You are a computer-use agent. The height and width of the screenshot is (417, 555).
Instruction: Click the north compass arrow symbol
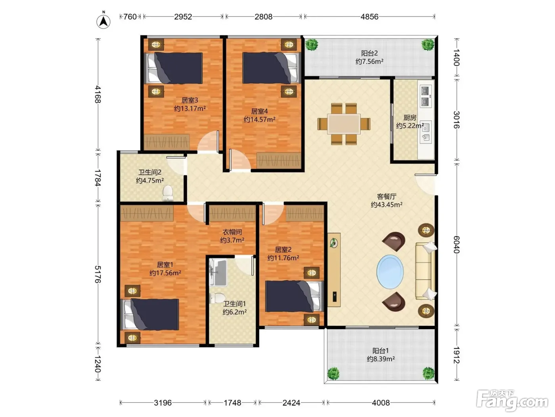(x=103, y=21)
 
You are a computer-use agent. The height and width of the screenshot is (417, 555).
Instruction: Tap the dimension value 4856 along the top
(x=369, y=17)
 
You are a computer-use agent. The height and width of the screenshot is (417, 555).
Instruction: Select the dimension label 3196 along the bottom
(x=163, y=402)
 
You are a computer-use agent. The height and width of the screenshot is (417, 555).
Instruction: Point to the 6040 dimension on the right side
(x=456, y=244)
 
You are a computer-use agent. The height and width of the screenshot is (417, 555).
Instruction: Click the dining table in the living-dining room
(x=344, y=124)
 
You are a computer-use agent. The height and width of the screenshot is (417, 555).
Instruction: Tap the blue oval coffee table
(x=390, y=272)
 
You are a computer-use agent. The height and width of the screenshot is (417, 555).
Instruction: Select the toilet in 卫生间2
(x=167, y=193)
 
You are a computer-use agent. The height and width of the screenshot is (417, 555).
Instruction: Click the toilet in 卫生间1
(x=217, y=298)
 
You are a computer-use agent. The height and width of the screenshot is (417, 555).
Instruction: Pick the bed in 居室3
(x=174, y=68)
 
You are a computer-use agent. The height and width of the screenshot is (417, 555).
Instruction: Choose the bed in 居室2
(x=294, y=296)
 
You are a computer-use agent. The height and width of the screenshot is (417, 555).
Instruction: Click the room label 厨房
(x=410, y=118)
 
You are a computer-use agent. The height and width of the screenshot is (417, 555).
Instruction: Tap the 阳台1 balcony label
(x=381, y=351)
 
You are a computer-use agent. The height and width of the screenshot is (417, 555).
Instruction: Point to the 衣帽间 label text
(x=232, y=232)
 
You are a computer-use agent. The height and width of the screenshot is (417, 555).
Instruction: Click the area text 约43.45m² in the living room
(x=387, y=204)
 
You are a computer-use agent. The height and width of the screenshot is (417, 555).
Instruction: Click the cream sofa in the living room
(x=426, y=271)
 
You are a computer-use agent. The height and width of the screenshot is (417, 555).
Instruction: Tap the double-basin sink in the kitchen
(x=425, y=96)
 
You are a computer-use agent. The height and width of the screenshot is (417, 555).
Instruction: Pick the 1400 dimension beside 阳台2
(x=456, y=58)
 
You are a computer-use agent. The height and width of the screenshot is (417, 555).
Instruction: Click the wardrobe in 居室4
(x=279, y=160)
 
